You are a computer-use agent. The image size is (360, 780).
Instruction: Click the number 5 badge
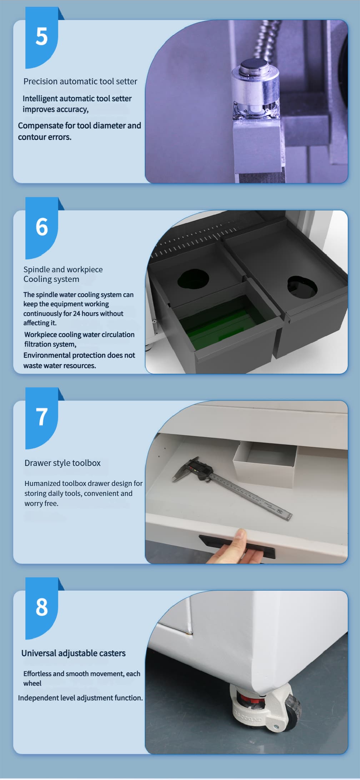point(41,38)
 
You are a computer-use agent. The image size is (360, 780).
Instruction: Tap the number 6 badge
point(41,228)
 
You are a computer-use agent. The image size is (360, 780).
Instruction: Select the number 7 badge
point(41,418)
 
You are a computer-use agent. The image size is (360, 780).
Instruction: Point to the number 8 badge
point(41,608)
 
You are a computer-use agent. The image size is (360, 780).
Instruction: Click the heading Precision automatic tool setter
point(80,81)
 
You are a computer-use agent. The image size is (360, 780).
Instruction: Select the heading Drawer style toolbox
point(62,463)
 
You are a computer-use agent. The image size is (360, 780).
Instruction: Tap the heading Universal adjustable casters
point(74,653)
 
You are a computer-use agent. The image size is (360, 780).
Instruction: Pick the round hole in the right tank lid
point(302,286)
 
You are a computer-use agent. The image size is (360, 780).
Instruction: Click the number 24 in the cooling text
point(76,313)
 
